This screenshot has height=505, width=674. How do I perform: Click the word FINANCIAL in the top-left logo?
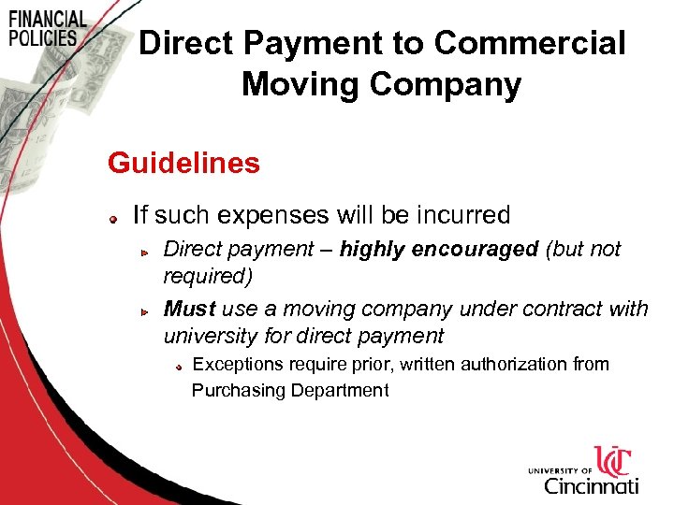47,20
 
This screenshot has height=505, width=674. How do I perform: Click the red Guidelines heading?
183,163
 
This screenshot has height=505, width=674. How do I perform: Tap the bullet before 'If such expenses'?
110,218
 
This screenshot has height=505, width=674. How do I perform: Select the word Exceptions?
239,364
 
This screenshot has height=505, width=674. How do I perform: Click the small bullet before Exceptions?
178,367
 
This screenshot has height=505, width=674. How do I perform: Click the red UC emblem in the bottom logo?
613,461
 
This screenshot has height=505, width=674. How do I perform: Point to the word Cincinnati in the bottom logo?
591,485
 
